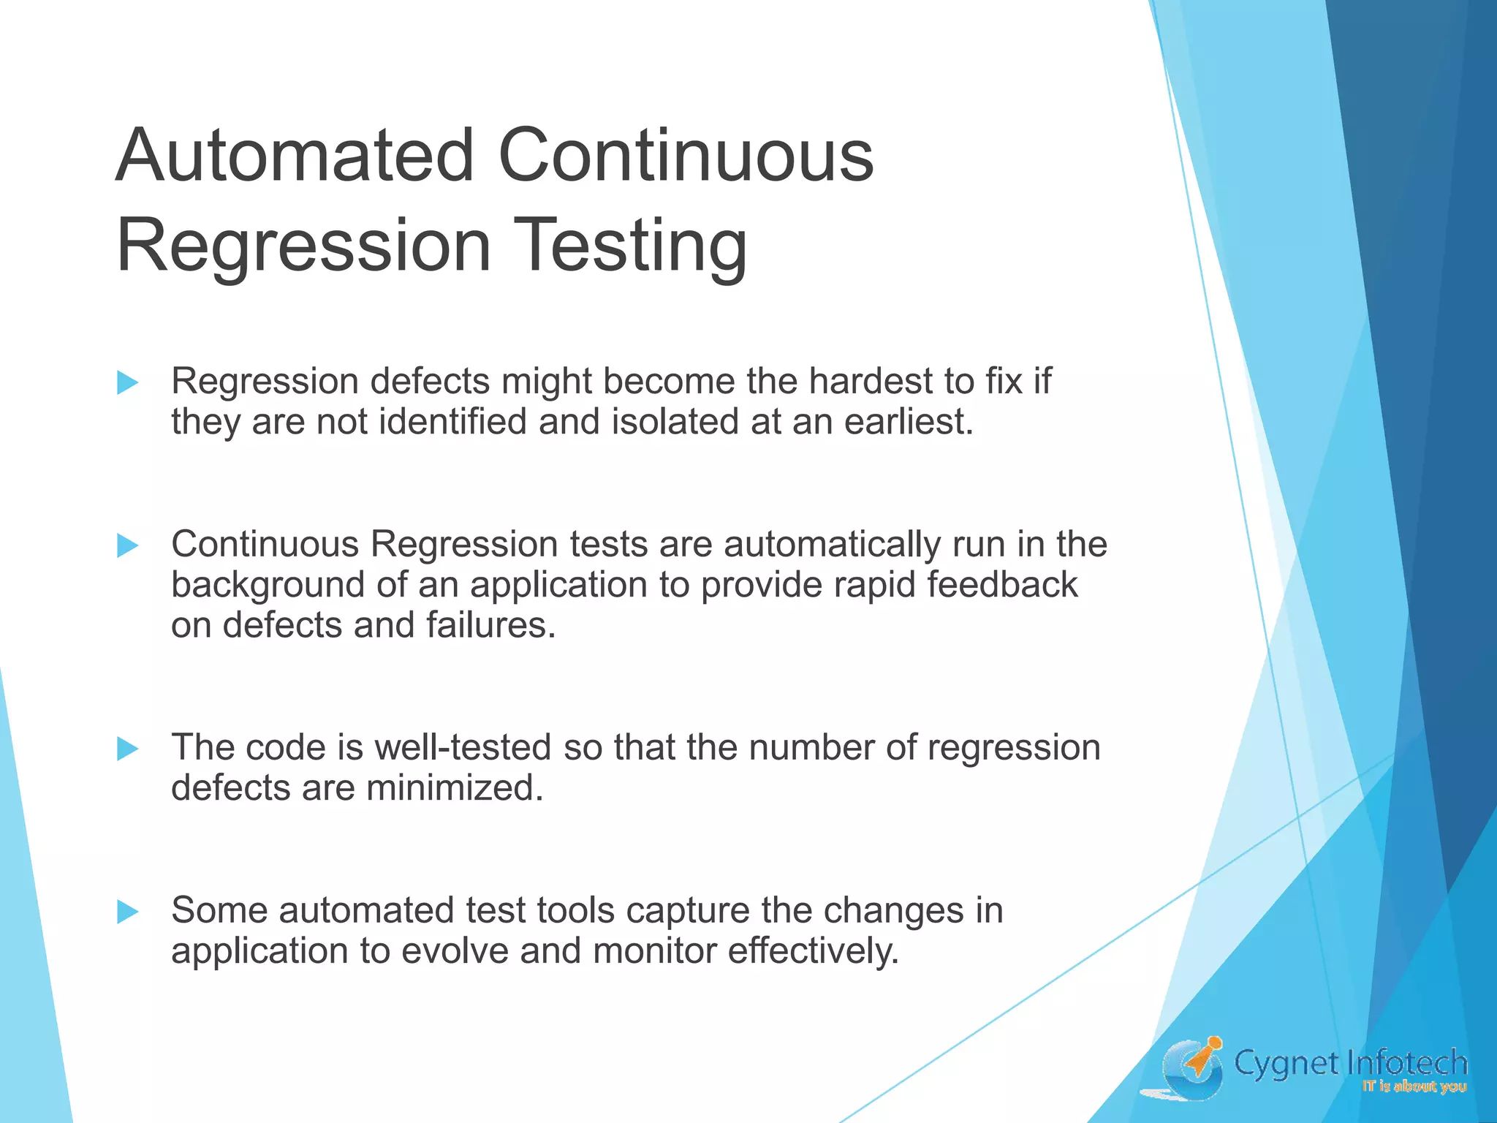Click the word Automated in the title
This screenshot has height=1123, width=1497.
(x=296, y=156)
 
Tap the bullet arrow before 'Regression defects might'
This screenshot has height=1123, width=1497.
(x=128, y=382)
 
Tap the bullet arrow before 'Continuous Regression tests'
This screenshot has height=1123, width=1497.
(x=128, y=545)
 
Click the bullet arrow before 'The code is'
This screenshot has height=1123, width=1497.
(x=128, y=749)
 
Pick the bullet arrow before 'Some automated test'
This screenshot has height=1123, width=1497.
(x=128, y=912)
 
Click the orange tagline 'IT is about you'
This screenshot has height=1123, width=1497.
(x=1414, y=1087)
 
